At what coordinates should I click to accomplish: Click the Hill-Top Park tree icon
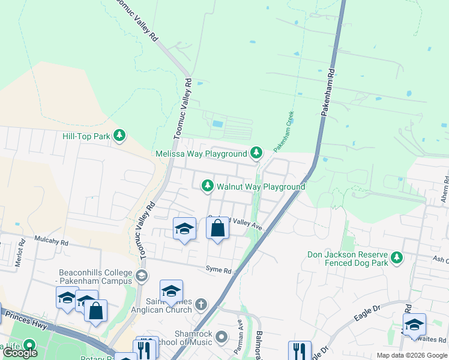pyautogui.click(x=120, y=136)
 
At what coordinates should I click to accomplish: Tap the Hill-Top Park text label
pyautogui.click(x=86, y=136)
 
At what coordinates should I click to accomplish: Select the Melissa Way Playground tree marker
pyautogui.click(x=256, y=154)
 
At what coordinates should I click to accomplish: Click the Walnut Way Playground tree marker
pyautogui.click(x=208, y=187)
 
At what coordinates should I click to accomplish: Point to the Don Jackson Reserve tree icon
pyautogui.click(x=396, y=258)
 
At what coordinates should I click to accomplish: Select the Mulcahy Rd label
pyautogui.click(x=51, y=244)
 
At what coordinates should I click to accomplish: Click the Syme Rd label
pyautogui.click(x=218, y=271)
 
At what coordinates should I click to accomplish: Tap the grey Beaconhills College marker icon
pyautogui.click(x=142, y=276)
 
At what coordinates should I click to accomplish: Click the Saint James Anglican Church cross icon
pyautogui.click(x=200, y=305)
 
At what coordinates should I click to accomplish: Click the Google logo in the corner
pyautogui.click(x=20, y=353)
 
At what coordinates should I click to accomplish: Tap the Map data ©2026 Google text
pyautogui.click(x=412, y=355)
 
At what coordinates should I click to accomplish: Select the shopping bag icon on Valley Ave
pyautogui.click(x=217, y=229)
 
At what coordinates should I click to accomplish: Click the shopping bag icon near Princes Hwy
pyautogui.click(x=95, y=311)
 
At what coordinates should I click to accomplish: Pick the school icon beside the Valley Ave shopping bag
pyautogui.click(x=184, y=229)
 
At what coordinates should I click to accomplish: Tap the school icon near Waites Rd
pyautogui.click(x=414, y=325)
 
